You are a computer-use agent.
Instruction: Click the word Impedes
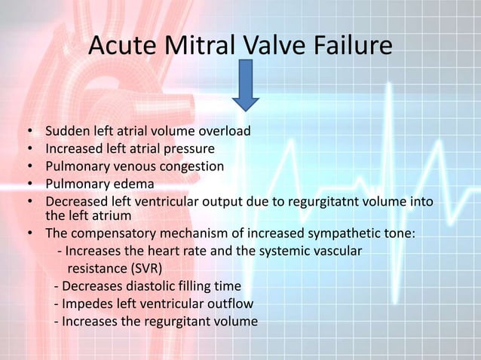(87, 304)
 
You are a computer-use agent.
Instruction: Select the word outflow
(229, 304)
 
